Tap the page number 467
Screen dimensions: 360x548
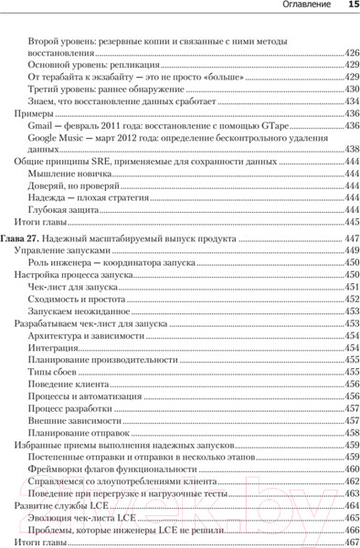pyautogui.click(x=349, y=542)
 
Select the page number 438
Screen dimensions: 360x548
pyautogui.click(x=349, y=148)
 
